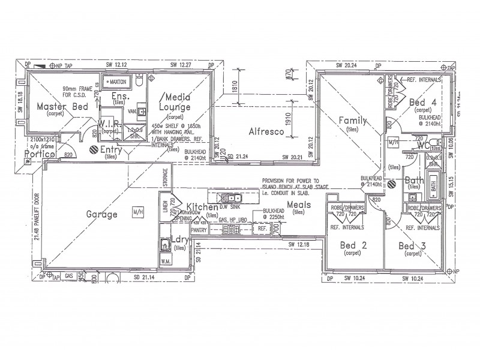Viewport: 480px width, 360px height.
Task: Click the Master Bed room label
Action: point(62,107)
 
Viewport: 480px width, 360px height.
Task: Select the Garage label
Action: point(101,213)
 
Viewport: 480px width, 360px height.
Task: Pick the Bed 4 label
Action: point(422,103)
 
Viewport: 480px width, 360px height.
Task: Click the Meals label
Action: point(298,205)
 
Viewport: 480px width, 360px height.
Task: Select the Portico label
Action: point(40,154)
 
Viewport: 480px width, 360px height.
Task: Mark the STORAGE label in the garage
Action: point(165,179)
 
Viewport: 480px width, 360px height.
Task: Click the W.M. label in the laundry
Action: point(166,262)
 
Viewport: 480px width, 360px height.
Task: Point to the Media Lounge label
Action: point(175,102)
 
